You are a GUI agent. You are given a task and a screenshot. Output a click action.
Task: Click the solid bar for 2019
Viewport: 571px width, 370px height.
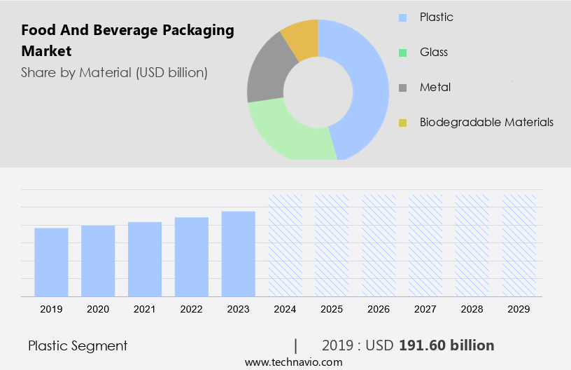(51, 262)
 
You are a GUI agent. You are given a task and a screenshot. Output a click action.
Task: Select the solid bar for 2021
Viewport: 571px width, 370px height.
(145, 259)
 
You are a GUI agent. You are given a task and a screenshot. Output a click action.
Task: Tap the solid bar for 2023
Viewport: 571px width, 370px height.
(239, 254)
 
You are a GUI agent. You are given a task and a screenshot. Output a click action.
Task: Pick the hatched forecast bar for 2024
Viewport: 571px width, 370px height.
(285, 245)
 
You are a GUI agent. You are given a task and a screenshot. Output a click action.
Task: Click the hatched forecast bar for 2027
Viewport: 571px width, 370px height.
(425, 245)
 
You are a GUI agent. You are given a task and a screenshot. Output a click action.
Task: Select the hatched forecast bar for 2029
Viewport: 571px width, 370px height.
(519, 245)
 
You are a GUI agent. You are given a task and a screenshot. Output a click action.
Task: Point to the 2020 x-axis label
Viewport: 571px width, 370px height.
(98, 309)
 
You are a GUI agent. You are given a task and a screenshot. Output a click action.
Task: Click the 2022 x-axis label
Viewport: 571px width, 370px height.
(192, 309)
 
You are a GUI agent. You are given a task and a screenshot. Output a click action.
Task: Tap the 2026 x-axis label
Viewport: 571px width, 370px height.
(379, 309)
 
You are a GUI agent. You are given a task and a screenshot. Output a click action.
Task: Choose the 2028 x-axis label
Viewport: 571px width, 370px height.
(472, 309)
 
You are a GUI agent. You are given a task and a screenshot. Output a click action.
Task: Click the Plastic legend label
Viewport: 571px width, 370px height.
(437, 17)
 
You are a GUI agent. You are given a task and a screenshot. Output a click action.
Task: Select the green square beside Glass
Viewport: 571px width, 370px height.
(403, 53)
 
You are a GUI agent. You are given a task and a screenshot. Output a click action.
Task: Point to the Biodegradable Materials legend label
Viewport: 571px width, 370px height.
(486, 122)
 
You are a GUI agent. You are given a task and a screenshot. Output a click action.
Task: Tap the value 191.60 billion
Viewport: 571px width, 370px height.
(446, 345)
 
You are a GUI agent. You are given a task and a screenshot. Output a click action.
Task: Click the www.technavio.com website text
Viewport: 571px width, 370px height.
(294, 362)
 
